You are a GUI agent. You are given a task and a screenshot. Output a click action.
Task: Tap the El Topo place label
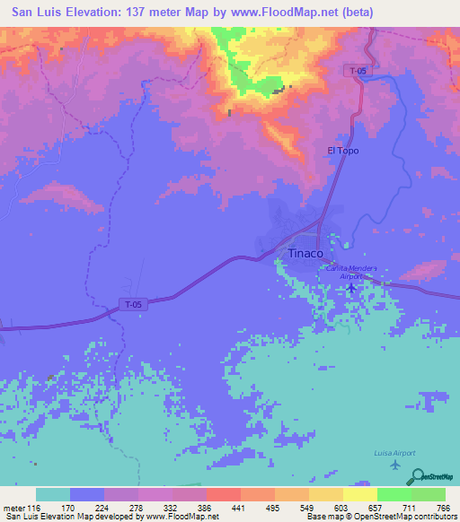(x=343, y=151)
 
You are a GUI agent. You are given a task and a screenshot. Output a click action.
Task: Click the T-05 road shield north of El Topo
(x=358, y=70)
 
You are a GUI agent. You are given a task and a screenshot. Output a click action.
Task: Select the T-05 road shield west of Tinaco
(x=133, y=306)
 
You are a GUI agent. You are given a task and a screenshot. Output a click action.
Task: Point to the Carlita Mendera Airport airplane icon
(x=350, y=288)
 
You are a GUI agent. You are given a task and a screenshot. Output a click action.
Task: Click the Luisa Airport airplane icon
(x=395, y=465)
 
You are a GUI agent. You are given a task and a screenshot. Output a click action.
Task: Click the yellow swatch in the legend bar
(x=359, y=494)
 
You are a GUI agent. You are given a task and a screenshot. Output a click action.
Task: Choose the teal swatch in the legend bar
(x=53, y=494)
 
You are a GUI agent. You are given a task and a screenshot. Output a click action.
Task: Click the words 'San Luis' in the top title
(x=34, y=13)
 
